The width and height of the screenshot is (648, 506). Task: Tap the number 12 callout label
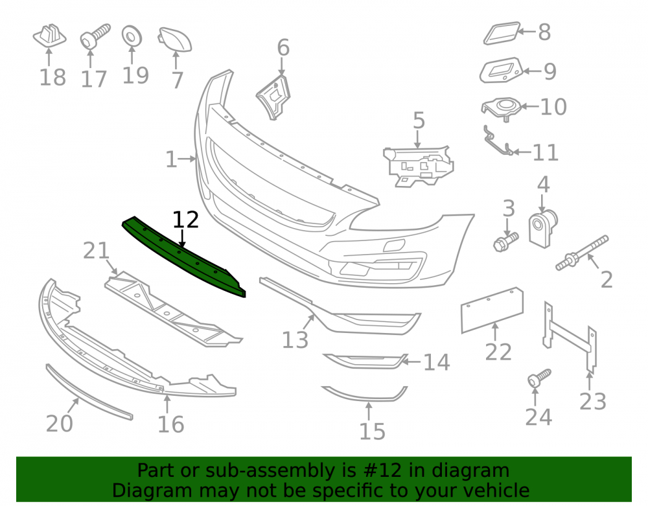coord(185,220)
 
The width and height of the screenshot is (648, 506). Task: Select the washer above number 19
coord(132,36)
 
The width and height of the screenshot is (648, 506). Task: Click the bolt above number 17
coord(95,36)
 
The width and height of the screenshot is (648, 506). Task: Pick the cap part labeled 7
coord(175,40)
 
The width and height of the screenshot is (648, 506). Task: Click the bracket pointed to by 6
coord(273,98)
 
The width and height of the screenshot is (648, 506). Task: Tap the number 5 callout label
coord(419,121)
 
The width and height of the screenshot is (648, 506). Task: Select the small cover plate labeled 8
coord(502,33)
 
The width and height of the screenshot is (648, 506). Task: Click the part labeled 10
coord(502,109)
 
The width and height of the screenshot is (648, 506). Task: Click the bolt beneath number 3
coord(506,242)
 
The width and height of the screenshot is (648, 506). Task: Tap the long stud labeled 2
coord(582,253)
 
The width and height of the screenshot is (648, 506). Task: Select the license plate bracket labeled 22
coord(492,310)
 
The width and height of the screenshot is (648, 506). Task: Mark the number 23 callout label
coord(593,401)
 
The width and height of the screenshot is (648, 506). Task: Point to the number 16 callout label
coord(170,424)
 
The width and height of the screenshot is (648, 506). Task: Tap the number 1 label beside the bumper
coord(170,159)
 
